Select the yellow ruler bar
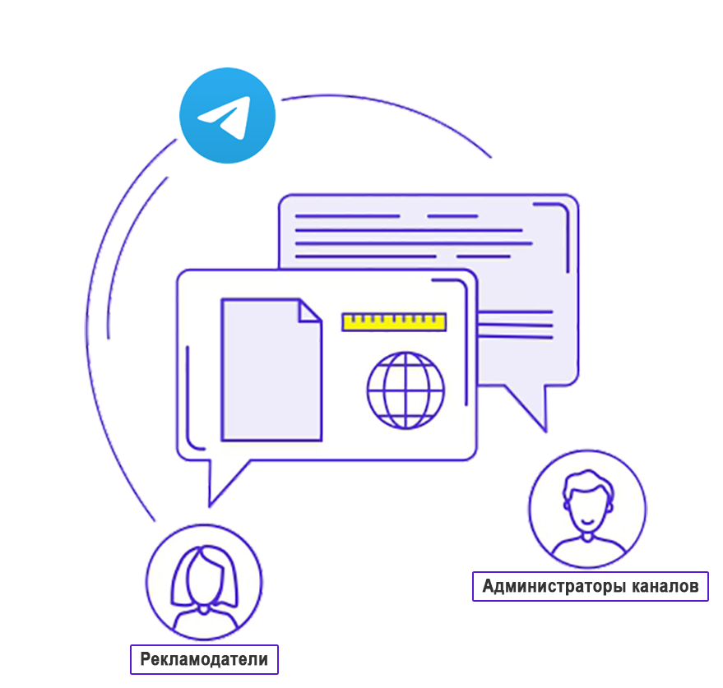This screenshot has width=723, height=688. [x=394, y=321]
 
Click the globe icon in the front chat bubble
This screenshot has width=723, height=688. [x=406, y=390]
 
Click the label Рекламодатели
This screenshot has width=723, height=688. [x=204, y=659]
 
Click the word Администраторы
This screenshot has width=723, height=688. [x=554, y=586]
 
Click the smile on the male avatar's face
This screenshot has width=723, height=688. [x=586, y=522]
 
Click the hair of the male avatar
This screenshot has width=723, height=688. [x=586, y=483]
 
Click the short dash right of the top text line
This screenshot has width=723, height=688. [x=453, y=216]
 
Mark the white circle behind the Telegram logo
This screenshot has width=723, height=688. [x=247, y=160]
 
